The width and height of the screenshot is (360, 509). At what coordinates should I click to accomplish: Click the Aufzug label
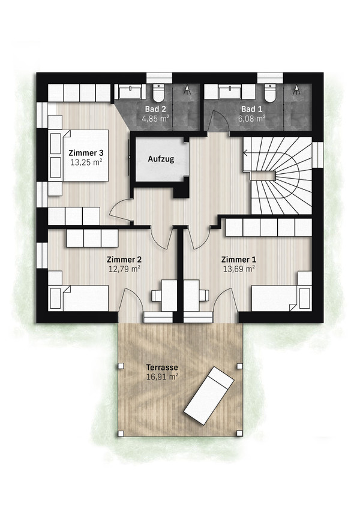coord(161,159)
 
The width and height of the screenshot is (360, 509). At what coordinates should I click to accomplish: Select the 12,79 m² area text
coord(124,269)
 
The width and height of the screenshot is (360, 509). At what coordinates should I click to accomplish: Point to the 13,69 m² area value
coord(238,269)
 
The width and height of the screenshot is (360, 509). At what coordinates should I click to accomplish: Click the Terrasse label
coord(162,368)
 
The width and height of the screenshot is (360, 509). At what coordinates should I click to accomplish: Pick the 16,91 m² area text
coord(162,377)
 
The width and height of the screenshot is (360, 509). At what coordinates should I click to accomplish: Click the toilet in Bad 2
coord(159,92)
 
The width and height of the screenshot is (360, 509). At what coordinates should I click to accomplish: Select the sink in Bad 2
coord(130,91)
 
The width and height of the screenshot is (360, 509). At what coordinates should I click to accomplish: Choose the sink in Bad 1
coord(230,91)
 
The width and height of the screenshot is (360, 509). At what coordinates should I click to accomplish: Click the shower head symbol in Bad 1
coord(297,89)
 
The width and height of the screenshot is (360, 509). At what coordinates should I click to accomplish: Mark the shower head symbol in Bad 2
coord(188,89)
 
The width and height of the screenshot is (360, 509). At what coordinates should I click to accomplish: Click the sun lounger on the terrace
coord(209,396)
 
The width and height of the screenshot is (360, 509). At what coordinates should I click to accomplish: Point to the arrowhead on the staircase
coord(245,152)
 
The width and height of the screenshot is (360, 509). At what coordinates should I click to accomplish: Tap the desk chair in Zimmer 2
coord(156,296)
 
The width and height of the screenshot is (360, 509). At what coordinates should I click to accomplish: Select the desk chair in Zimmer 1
coord(205,296)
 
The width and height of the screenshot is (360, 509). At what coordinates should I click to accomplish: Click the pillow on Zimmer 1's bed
coord(305,298)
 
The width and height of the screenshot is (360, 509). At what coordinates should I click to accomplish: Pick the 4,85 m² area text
coord(155,119)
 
